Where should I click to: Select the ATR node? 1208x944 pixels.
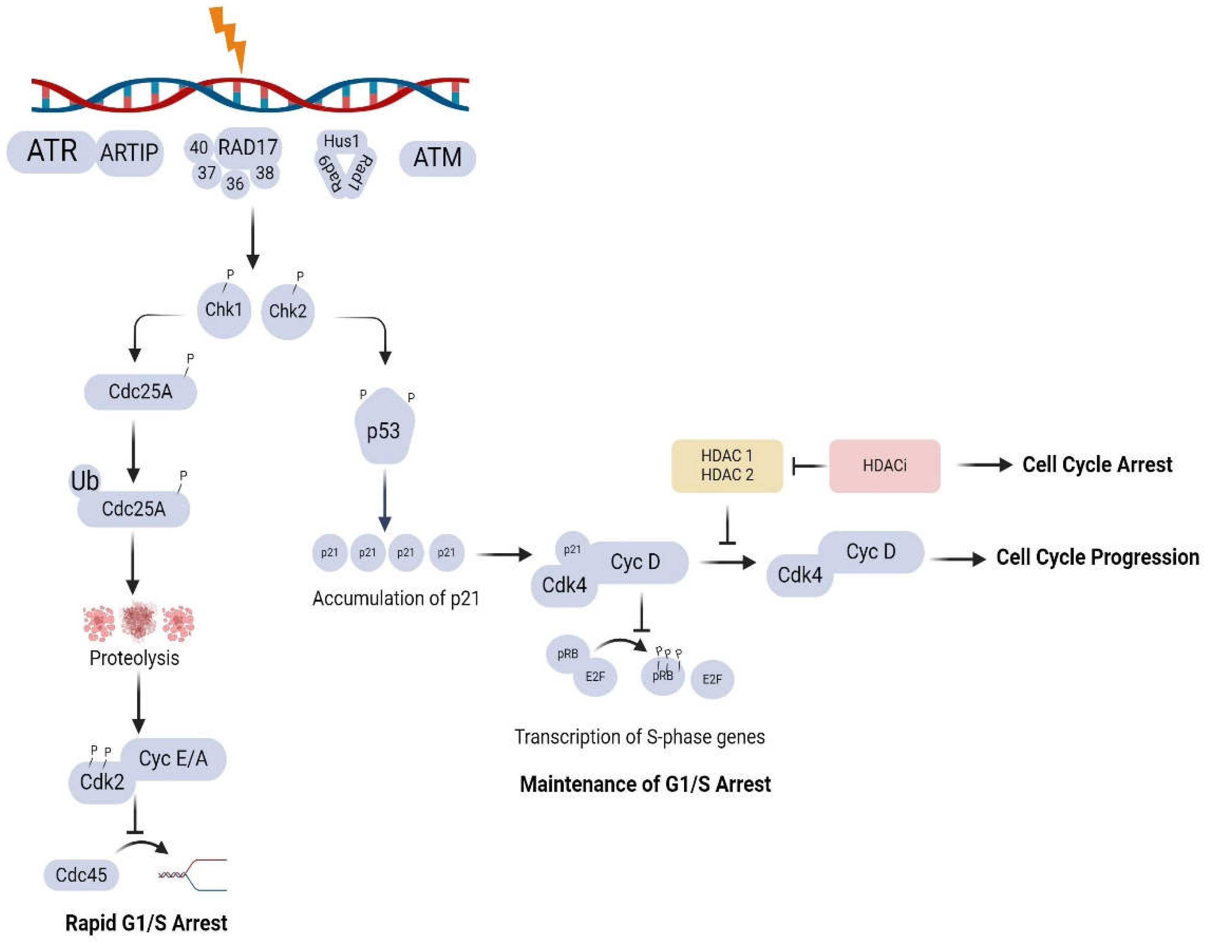pos(51,151)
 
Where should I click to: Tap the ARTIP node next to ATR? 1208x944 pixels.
pos(129,153)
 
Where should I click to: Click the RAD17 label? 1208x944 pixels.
pos(247,148)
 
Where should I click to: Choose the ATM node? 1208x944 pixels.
pos(437,158)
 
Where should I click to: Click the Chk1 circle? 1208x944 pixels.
pos(223,310)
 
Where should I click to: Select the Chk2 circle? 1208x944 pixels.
pos(287,311)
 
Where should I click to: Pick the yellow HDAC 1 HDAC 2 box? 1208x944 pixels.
pos(727,466)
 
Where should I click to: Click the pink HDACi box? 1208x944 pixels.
pos(884,466)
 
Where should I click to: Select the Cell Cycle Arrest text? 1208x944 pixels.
pos(1097,465)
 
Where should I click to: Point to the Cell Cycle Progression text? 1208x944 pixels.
pos(1097,557)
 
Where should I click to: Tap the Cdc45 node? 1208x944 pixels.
pos(81,875)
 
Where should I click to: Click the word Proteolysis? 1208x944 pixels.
pos(134,658)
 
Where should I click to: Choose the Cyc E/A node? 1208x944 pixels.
pos(173,758)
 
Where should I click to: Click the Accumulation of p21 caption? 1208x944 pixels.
pos(395,598)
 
